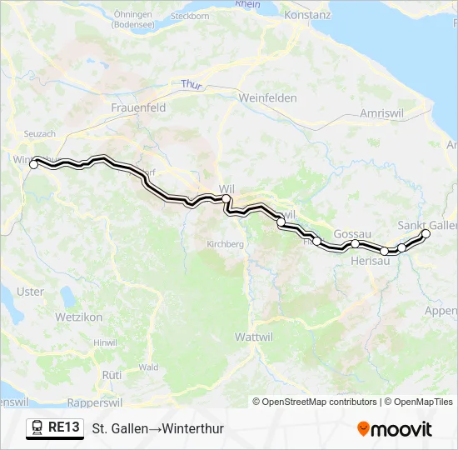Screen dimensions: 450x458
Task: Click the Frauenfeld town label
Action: [x=138, y=108]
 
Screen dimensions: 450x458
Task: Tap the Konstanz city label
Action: [x=307, y=15]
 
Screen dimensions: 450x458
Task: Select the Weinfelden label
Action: [x=268, y=97]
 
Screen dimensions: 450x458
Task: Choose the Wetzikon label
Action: [x=78, y=317]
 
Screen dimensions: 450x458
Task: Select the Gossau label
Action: [x=351, y=234]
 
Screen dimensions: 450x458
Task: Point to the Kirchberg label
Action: [x=225, y=244]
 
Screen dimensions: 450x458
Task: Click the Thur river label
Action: [x=192, y=84]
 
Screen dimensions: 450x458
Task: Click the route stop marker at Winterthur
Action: [x=34, y=165]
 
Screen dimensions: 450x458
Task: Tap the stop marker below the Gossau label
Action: [x=355, y=244]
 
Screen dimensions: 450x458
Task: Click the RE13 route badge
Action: [x=55, y=428]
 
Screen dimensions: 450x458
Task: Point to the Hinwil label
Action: [x=106, y=342]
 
